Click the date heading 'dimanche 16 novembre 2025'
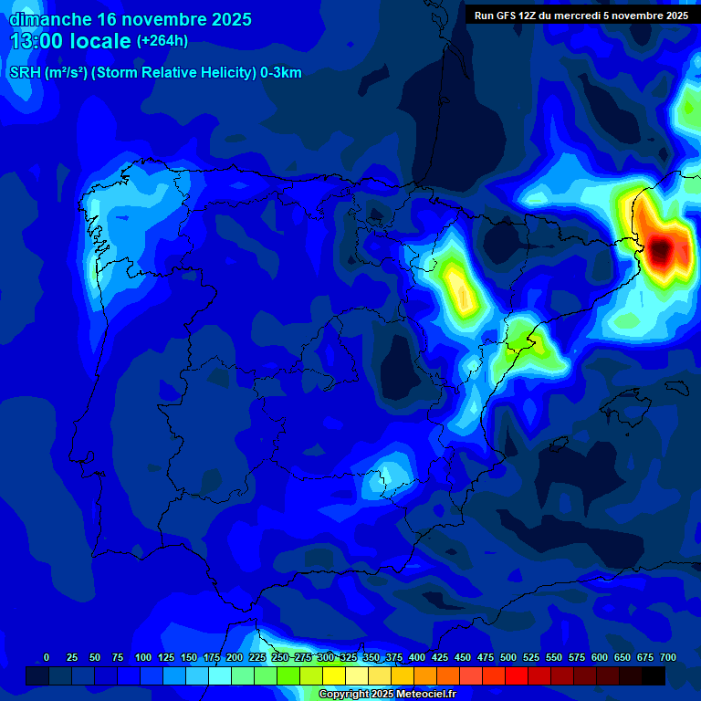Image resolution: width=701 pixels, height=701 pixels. pyautogui.click(x=131, y=19)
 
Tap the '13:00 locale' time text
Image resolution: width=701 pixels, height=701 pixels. pyautogui.click(x=71, y=41)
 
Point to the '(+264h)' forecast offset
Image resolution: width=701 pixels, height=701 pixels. pyautogui.click(x=162, y=41)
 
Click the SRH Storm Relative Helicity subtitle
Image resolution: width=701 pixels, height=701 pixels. pyautogui.click(x=155, y=73)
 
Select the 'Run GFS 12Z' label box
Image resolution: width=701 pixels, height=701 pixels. pyautogui.click(x=581, y=16)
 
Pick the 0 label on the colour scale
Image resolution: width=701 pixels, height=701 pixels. pyautogui.click(x=47, y=657)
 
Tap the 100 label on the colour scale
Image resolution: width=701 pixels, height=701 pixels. pyautogui.click(x=143, y=657)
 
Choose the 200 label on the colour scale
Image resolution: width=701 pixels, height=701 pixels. pyautogui.click(x=235, y=657)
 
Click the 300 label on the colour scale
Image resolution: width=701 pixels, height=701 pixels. pyautogui.click(x=326, y=657)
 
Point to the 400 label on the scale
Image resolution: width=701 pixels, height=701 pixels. pyautogui.click(x=417, y=657)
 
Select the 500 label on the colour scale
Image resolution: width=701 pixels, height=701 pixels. pyautogui.click(x=508, y=657)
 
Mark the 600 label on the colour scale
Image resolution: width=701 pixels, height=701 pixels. pyautogui.click(x=600, y=657)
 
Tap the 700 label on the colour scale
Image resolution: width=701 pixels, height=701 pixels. pyautogui.click(x=668, y=657)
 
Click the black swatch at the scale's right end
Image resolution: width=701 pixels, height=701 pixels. pyautogui.click(x=654, y=675)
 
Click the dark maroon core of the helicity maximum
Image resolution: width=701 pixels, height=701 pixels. pyautogui.click(x=664, y=247)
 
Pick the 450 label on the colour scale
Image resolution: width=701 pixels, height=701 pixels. pyautogui.click(x=463, y=657)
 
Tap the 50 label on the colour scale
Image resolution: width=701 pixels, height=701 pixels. pyautogui.click(x=95, y=657)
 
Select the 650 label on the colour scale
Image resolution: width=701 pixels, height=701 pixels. pyautogui.click(x=623, y=657)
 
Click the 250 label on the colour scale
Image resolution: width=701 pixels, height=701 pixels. pyautogui.click(x=280, y=657)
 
